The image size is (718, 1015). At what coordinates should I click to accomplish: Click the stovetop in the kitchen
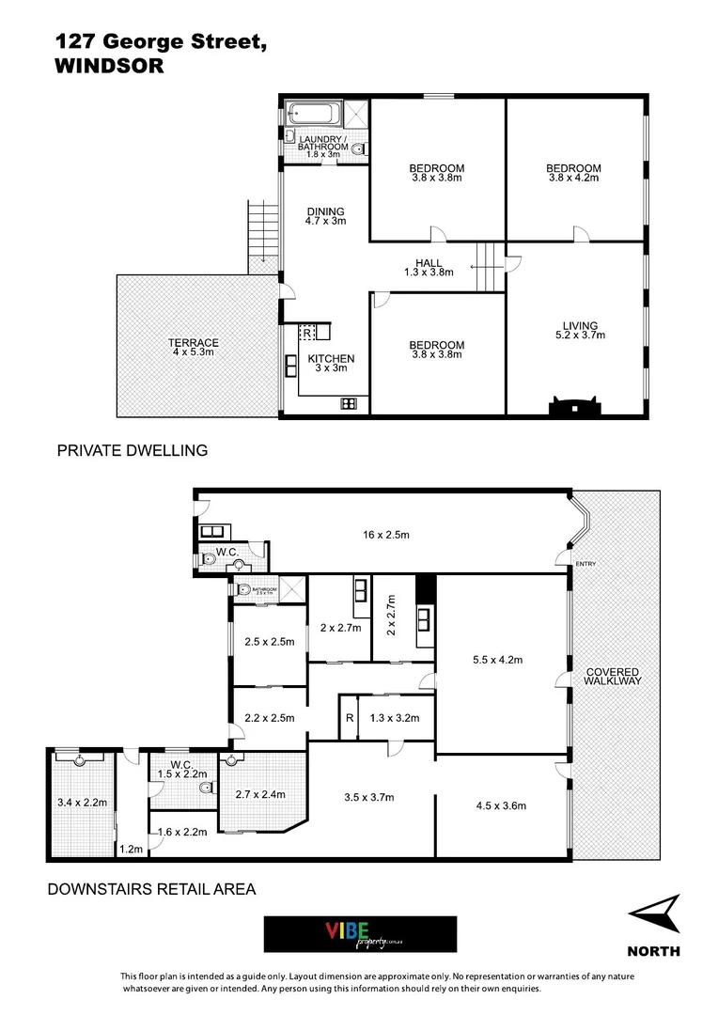point(349,404)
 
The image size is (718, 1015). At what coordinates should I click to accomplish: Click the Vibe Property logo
point(360,934)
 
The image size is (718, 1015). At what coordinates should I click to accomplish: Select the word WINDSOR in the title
point(110,67)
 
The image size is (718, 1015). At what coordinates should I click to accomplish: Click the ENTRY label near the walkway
point(587,564)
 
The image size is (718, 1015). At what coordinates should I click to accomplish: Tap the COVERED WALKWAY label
point(613,676)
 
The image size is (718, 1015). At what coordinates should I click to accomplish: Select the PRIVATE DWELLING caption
point(133,451)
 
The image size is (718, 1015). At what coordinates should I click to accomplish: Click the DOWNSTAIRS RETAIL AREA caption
point(151,888)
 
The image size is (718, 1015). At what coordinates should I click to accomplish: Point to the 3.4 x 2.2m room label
point(81,804)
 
